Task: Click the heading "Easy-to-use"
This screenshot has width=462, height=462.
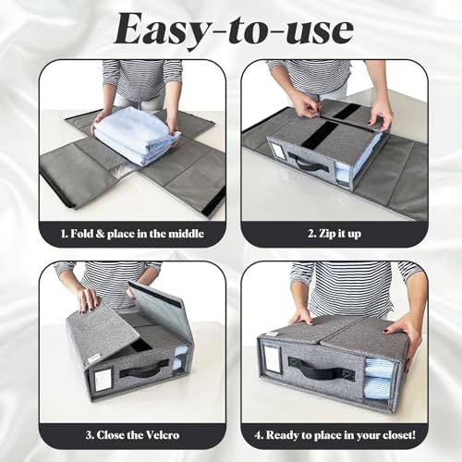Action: pos(234,30)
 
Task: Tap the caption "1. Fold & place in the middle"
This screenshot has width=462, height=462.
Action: pos(132,234)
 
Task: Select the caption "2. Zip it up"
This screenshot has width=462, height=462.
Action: pos(334,234)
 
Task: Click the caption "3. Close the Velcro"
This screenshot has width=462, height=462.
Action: pos(132,435)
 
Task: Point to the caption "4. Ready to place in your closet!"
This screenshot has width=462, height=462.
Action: pos(334,435)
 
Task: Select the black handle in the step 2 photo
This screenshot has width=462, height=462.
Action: pos(311,164)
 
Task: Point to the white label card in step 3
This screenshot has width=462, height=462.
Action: pos(103,381)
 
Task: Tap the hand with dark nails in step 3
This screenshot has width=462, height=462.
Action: pos(88,298)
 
